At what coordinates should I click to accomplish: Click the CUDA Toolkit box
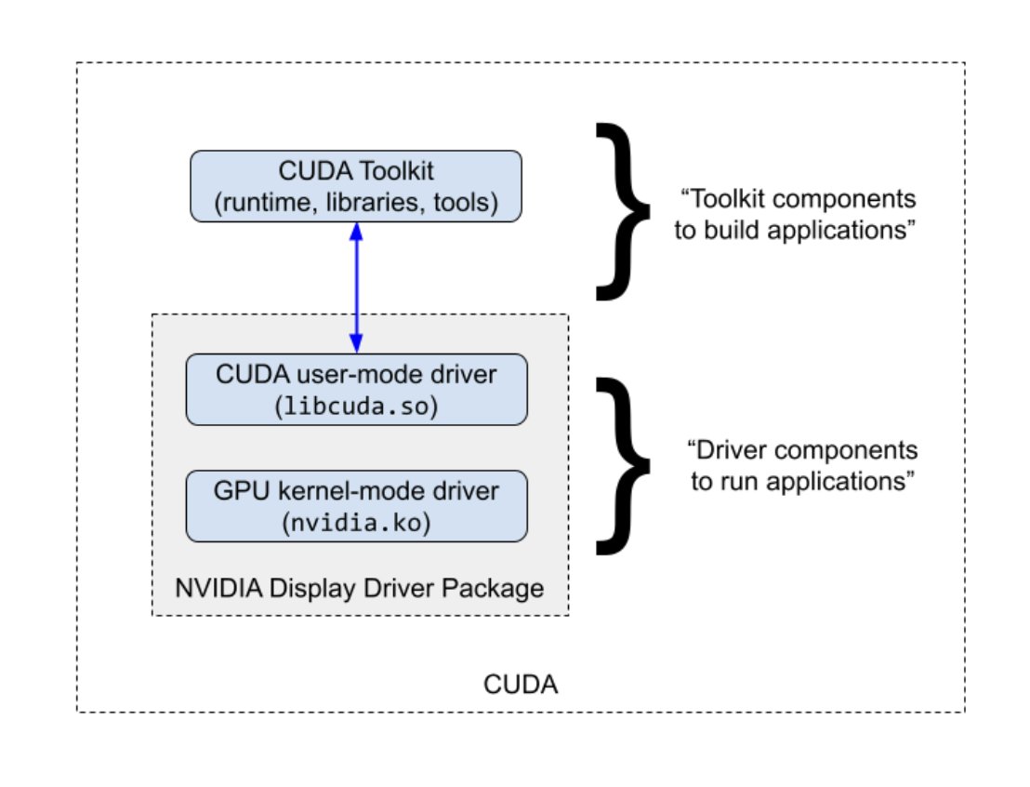click(356, 186)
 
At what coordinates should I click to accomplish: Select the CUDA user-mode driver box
click(356, 389)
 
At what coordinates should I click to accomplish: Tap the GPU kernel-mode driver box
click(356, 505)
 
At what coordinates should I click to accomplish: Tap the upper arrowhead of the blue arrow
click(355, 232)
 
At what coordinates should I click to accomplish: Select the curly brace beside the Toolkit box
click(625, 212)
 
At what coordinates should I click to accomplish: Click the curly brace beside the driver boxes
click(625, 465)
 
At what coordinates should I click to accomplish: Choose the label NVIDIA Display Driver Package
click(359, 588)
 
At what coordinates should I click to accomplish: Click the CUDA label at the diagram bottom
click(521, 686)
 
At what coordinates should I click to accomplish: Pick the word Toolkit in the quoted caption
click(727, 200)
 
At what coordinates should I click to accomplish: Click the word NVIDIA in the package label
click(211, 588)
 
